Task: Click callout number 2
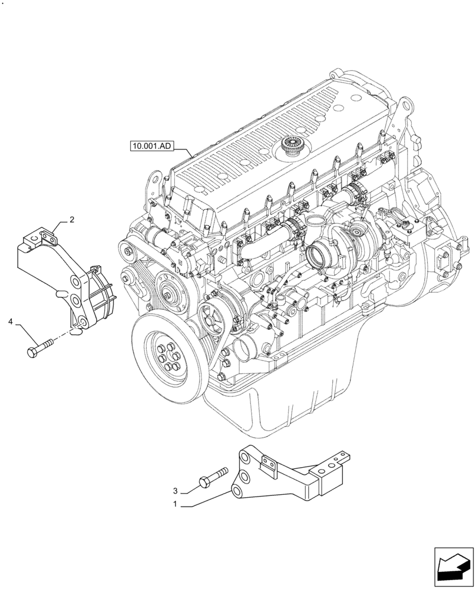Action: [x=71, y=220]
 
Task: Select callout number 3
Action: [x=175, y=491]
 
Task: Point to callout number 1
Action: [x=175, y=505]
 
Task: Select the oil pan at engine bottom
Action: [x=283, y=406]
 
